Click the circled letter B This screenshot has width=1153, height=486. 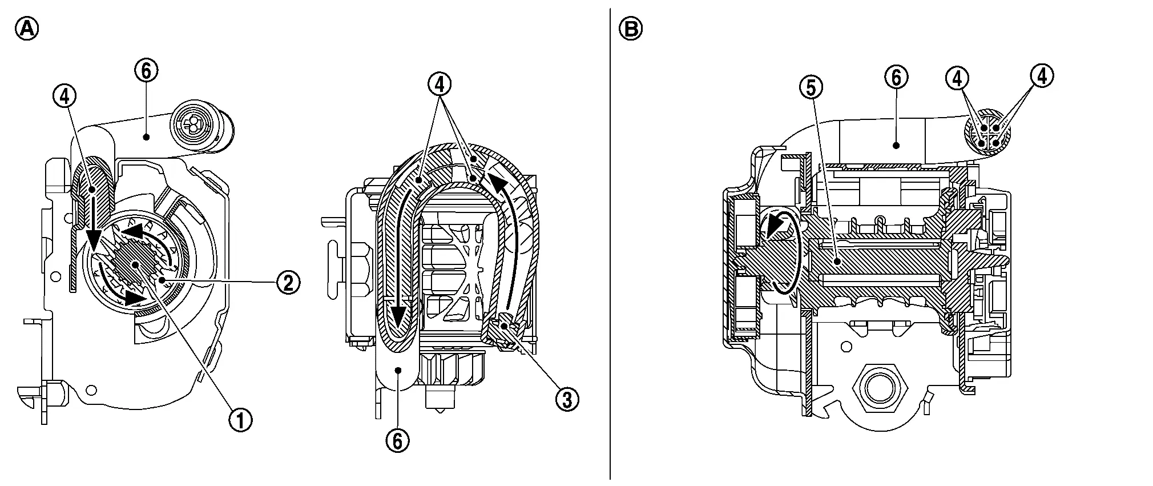click(x=630, y=29)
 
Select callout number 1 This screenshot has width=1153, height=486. click(x=240, y=420)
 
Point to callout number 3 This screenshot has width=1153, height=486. click(x=567, y=399)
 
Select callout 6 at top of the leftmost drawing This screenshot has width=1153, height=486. click(x=146, y=71)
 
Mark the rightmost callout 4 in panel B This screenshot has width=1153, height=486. click(x=1042, y=76)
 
